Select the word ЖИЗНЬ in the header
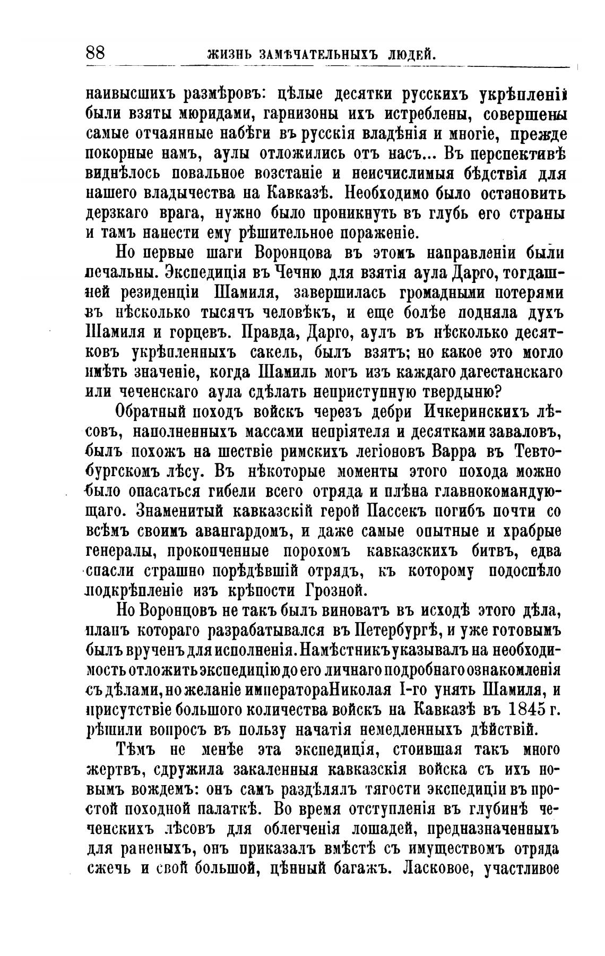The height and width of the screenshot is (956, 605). point(226,55)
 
